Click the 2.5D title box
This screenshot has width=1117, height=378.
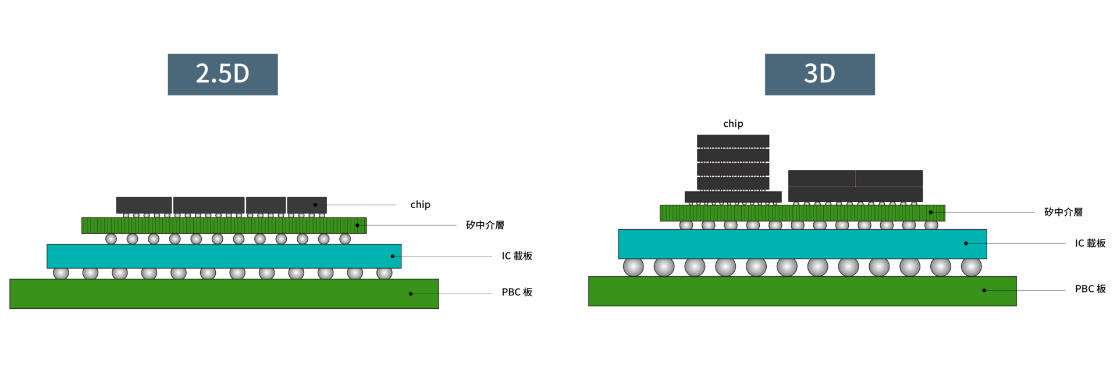tap(222, 74)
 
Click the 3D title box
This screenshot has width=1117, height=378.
tap(819, 74)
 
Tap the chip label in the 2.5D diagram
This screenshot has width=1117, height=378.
tap(420, 205)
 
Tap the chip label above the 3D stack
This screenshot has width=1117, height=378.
tap(733, 124)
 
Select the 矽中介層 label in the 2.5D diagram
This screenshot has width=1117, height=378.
tap(485, 225)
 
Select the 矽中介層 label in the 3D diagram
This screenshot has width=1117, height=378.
tap(1063, 212)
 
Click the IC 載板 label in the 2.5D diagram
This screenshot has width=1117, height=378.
tap(517, 256)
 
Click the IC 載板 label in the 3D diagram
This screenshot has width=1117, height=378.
tap(1090, 243)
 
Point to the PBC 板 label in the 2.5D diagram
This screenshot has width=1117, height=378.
tap(517, 292)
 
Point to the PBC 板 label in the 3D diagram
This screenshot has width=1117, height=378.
tap(1090, 289)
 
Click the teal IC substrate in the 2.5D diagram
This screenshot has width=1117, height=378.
tap(224, 256)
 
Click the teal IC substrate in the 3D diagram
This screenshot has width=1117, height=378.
tap(802, 244)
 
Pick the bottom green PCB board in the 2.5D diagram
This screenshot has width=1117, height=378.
tap(224, 294)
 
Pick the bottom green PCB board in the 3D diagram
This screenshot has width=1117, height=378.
tap(802, 291)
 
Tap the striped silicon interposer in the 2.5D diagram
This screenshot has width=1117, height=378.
tap(224, 225)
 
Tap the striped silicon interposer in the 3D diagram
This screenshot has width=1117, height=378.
tap(802, 213)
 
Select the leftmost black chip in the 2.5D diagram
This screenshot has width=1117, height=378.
tap(144, 205)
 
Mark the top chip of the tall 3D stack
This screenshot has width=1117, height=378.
tap(733, 141)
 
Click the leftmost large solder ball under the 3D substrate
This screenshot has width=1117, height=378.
tap(634, 267)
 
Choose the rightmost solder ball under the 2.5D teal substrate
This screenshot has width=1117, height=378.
tap(384, 273)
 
